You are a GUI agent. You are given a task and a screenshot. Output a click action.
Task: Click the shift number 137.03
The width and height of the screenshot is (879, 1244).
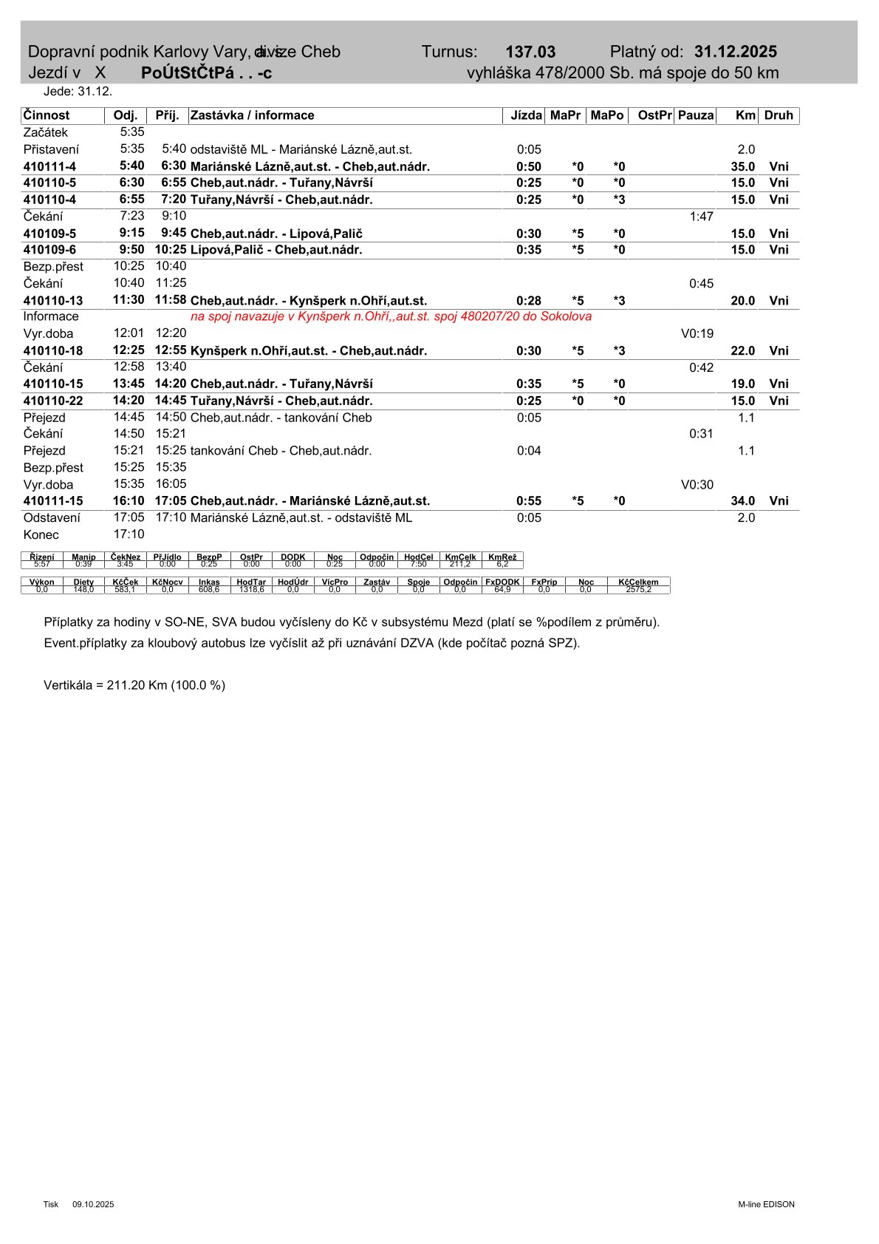pos(530,52)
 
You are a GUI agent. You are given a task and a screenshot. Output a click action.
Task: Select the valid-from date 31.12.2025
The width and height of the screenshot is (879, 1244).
pos(735,52)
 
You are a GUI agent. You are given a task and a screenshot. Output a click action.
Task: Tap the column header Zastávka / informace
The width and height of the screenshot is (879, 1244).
pos(253,115)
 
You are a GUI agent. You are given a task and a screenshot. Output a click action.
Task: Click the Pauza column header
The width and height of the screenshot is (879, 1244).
pos(696,115)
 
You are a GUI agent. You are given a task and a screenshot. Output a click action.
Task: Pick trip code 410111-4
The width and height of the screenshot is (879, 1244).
pos(49,167)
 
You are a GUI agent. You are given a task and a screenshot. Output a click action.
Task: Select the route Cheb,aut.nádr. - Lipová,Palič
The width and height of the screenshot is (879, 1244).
pos(276,234)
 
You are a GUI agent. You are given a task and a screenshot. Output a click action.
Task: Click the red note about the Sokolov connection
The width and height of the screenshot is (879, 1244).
pos(391,316)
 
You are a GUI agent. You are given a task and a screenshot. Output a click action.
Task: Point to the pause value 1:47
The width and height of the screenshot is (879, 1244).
pos(701,217)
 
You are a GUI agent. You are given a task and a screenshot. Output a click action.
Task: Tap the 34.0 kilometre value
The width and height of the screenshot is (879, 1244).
pos(742,501)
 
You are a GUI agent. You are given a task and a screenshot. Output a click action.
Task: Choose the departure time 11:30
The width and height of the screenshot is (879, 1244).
pos(129,300)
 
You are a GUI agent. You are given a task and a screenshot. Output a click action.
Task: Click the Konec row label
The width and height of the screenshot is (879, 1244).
pos(41,534)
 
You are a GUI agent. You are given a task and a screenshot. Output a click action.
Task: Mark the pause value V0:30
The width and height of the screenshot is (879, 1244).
pos(697,485)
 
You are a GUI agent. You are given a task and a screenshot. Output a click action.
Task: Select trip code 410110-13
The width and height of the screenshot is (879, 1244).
pos(53,301)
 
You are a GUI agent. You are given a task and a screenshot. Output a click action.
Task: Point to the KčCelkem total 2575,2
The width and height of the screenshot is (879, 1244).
pos(638,589)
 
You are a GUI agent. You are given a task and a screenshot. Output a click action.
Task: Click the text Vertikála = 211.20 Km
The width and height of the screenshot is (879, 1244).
pos(134,685)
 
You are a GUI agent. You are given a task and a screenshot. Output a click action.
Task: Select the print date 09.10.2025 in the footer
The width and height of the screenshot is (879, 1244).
pos(93,1204)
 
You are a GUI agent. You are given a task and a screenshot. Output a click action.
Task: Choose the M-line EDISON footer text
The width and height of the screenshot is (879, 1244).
pos(766,1204)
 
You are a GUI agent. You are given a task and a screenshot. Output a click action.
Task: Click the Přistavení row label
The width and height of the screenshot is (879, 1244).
pos(51,149)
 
